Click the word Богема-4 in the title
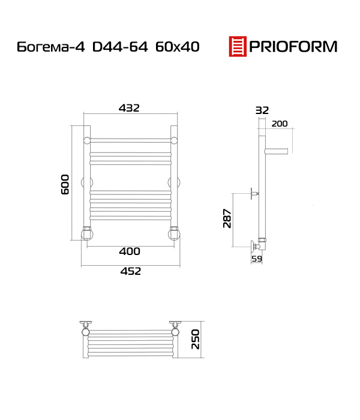(x=51, y=47)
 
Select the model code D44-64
(x=120, y=47)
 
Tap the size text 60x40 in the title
(x=178, y=47)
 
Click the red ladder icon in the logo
(x=238, y=46)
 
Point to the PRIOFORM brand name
(x=293, y=47)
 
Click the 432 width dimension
(x=129, y=108)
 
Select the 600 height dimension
(x=65, y=184)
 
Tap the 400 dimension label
(x=130, y=251)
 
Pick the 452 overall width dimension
(x=130, y=271)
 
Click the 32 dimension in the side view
(x=262, y=110)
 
